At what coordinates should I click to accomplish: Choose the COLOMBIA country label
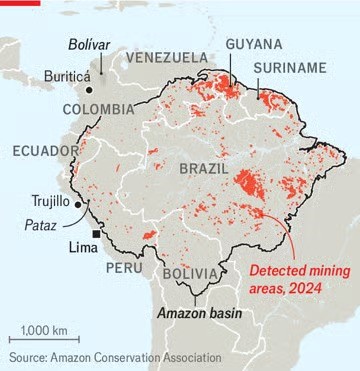click(98, 108)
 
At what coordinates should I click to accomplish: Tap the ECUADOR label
click(45, 151)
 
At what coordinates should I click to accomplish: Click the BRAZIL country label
click(204, 170)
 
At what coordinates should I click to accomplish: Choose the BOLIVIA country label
click(191, 274)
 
